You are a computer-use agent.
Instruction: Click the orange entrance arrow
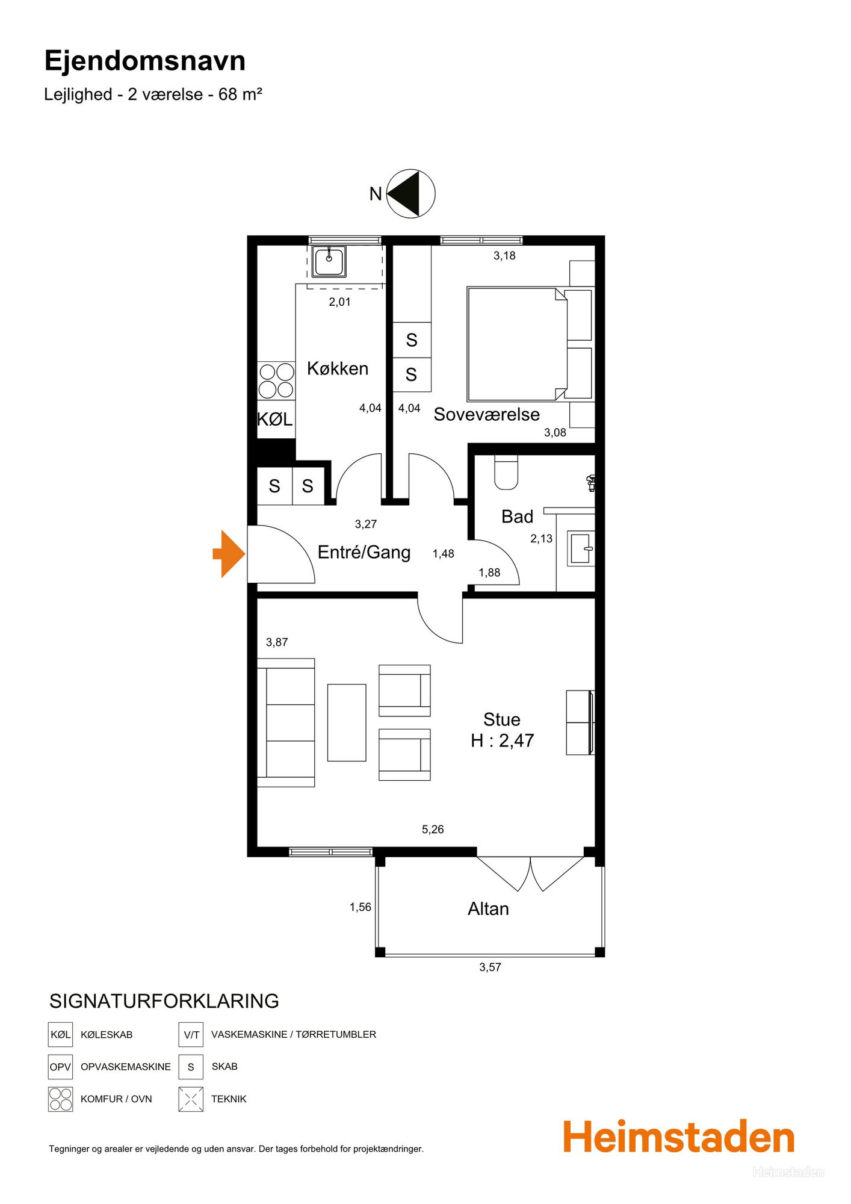tap(229, 554)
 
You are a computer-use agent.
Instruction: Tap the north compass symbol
tap(410, 193)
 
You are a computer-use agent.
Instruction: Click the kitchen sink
tap(329, 261)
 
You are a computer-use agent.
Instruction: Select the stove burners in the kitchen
tap(276, 380)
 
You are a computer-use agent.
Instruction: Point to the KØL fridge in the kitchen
tap(276, 419)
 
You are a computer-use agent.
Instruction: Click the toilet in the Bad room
tap(506, 471)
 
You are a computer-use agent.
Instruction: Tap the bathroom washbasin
tap(580, 548)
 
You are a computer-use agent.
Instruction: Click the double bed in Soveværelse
tap(517, 344)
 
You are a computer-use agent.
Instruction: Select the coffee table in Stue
tap(347, 722)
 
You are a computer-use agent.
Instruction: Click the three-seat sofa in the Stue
tap(286, 722)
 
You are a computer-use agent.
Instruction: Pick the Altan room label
tap(488, 908)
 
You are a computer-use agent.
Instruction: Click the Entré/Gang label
tap(364, 552)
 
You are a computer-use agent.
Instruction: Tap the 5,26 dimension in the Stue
tap(433, 829)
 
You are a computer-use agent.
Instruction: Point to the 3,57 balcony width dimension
tap(490, 967)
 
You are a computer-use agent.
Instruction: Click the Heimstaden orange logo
tap(679, 1137)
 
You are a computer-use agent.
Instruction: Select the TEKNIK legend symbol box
tap(191, 1099)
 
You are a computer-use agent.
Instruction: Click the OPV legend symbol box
tap(60, 1067)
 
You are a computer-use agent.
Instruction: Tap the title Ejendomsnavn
tap(145, 61)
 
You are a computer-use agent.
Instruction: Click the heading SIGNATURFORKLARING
tap(164, 1001)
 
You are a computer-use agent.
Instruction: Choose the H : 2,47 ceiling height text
tap(503, 740)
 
